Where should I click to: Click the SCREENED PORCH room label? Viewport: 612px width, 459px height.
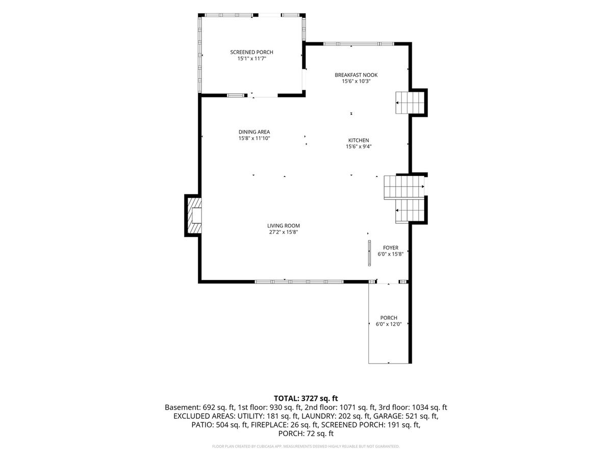pos(251,52)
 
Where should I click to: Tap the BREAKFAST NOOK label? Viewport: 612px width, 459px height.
pos(356,75)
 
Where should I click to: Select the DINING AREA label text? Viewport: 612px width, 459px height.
pos(254,132)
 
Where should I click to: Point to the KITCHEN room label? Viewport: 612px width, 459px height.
pos(359,140)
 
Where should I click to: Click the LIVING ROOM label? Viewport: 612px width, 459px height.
pos(284,226)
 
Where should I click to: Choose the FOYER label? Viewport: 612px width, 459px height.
pos(391,248)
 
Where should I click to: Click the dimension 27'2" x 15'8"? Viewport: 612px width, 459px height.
pos(284,232)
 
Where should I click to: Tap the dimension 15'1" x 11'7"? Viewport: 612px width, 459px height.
pos(252,59)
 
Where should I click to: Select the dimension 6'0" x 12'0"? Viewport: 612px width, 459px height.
pos(389,324)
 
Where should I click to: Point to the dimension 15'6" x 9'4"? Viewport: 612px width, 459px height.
pos(359,146)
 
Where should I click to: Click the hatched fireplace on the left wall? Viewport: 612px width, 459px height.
pos(194,215)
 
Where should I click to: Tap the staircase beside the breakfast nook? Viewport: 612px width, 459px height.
pos(410,103)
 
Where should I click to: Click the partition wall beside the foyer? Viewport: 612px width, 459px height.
pos(369,253)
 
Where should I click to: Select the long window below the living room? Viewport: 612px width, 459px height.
pos(299,282)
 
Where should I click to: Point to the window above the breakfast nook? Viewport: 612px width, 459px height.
pos(359,44)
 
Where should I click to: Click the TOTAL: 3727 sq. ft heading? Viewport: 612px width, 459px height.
pos(306,398)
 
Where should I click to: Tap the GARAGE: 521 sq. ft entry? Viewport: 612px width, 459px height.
pos(405,416)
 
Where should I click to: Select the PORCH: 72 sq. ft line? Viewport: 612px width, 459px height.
pos(306,433)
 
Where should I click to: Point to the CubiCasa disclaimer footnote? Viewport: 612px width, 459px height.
pos(306,446)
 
